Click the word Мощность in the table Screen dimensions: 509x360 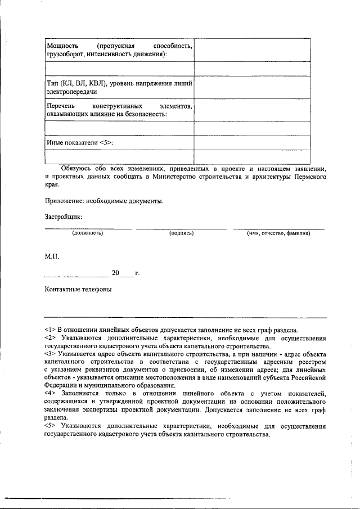tap(62, 44)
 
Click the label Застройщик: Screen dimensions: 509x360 tap(64, 216)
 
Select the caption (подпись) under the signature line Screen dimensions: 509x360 tap(181, 233)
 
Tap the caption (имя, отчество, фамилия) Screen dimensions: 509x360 tap(278, 233)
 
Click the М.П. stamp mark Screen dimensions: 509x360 tap(52, 256)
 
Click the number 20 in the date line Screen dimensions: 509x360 tap(115, 273)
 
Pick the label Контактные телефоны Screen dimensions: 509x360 tap(78, 290)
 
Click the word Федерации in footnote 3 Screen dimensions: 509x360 tap(63, 385)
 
